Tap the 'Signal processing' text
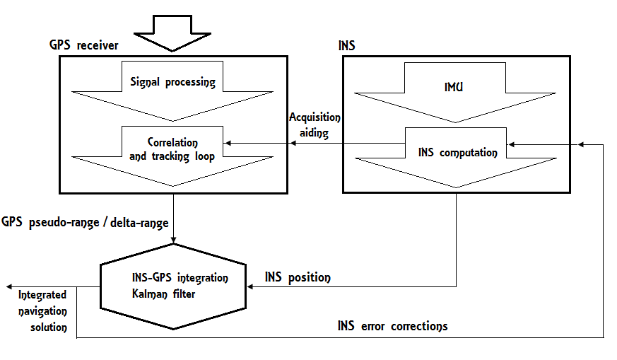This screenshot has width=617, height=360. (172, 81)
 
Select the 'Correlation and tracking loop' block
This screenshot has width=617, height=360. (172, 150)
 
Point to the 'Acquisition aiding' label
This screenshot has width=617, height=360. (315, 124)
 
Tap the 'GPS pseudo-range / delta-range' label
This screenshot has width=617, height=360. (85, 223)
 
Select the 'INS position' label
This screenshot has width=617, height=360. (297, 277)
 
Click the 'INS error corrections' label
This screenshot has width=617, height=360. (392, 326)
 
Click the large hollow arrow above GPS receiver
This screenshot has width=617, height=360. (172, 33)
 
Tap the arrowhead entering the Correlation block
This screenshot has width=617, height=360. (228, 144)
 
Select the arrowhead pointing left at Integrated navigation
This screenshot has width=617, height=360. (9, 286)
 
